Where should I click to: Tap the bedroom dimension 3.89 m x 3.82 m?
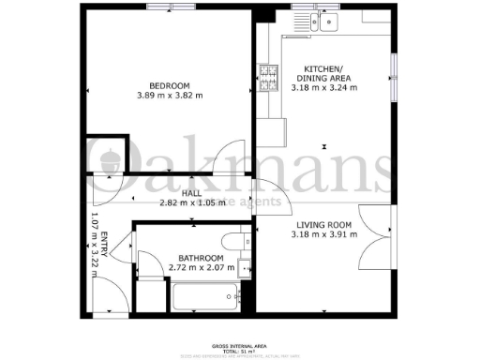click(x=170, y=95)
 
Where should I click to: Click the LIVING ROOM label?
click(x=323, y=224)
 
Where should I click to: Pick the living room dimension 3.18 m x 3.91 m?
click(x=323, y=234)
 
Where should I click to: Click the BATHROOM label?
click(x=201, y=258)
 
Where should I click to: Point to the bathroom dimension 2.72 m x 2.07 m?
click(x=201, y=268)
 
